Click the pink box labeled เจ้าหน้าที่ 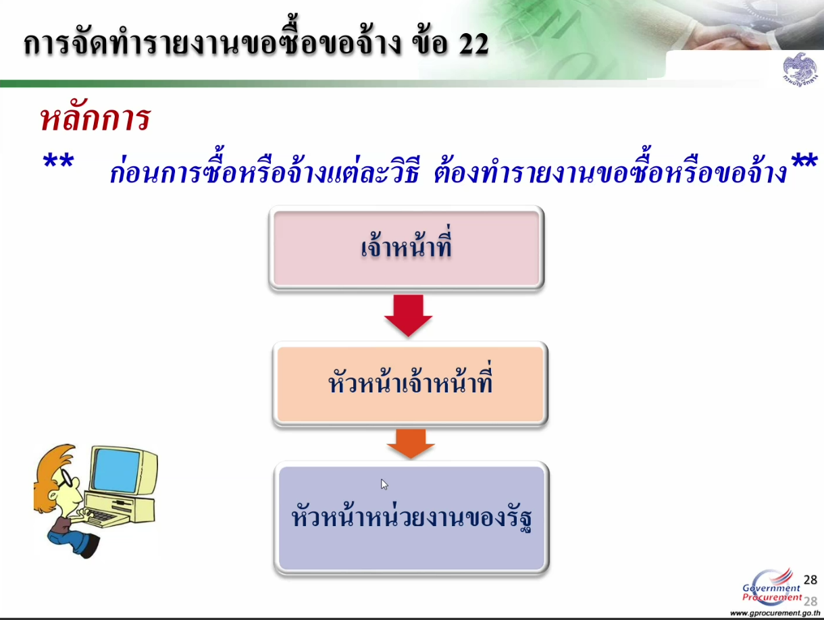coord(406,247)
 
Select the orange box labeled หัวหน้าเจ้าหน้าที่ coord(410,384)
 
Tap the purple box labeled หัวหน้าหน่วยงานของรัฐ coord(411,517)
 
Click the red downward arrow coord(408,315)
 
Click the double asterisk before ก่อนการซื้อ coord(58,166)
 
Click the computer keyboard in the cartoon coord(101,517)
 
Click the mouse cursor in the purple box coord(384,484)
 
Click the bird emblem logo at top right coord(800,70)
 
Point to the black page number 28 coord(810,579)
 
